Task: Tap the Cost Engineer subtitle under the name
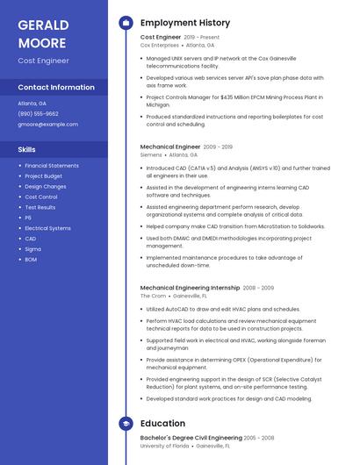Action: [x=43, y=61]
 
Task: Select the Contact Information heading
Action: [x=56, y=88]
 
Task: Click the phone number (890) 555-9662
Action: [x=39, y=114]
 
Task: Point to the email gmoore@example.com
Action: [x=48, y=125]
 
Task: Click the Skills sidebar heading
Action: [x=26, y=149]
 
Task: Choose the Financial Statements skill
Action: [x=52, y=166]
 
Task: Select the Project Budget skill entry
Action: [x=44, y=176]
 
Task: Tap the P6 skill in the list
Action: [x=28, y=218]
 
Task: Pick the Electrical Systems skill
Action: [x=48, y=228]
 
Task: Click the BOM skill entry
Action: [x=31, y=260]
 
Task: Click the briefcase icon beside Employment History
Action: [x=126, y=23]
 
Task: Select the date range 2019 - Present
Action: [x=202, y=38]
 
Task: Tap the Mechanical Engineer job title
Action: [x=170, y=147]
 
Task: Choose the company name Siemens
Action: [x=151, y=154]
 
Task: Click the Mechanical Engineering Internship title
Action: [x=190, y=288]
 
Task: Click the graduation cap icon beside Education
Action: [x=126, y=423]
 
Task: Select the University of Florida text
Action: [x=164, y=446]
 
